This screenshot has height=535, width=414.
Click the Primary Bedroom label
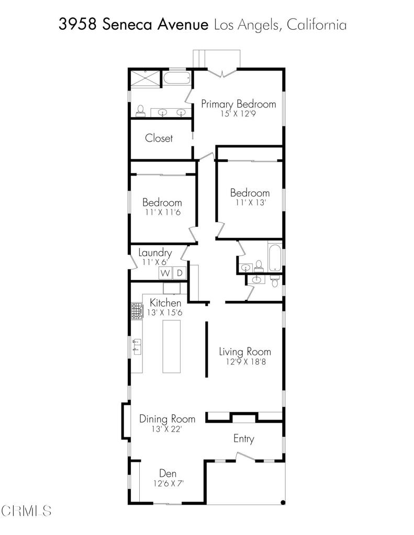coord(238,104)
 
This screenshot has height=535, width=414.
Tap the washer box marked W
coord(165,273)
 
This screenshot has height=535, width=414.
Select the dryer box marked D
coord(180,273)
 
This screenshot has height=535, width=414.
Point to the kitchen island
coord(171,346)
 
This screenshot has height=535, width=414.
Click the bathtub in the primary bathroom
coord(176,78)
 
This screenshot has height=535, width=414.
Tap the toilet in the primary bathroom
coord(140,111)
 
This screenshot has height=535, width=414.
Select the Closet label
coord(159,138)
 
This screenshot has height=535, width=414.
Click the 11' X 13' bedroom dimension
coord(251,202)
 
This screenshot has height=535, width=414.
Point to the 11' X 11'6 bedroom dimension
coord(162,212)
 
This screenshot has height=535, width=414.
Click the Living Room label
coord(245,352)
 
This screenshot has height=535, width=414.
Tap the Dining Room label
coord(167,419)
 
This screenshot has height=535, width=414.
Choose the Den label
coord(168,473)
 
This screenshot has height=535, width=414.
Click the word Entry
coord(243,439)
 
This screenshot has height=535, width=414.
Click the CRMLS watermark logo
coord(26,511)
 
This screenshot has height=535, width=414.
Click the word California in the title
coord(317,25)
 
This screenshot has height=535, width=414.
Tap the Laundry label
coord(155,253)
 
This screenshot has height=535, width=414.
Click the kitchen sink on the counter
coord(137,346)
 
